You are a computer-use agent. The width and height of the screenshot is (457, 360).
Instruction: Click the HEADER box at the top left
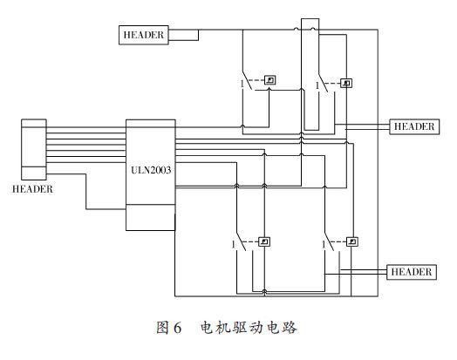(x=145, y=35)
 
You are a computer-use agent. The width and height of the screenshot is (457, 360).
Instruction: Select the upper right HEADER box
(x=413, y=126)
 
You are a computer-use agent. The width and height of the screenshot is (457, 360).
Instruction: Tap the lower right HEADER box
(x=410, y=272)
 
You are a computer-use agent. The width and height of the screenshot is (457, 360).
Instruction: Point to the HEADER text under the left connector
(x=33, y=189)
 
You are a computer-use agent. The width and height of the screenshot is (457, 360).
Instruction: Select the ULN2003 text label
(x=150, y=172)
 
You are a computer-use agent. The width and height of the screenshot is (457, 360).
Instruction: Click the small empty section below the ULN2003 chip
(x=150, y=217)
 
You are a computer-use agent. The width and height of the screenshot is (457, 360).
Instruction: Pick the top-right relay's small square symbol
(x=347, y=84)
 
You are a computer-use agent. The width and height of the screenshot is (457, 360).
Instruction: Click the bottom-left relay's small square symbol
(x=265, y=241)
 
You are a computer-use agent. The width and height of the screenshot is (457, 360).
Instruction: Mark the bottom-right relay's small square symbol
(x=352, y=241)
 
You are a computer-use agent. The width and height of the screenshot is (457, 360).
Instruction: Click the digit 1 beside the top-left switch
(x=241, y=84)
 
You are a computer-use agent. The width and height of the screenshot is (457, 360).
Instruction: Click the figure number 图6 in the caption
(x=168, y=328)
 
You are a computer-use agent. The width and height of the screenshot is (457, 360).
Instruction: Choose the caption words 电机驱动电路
(x=249, y=328)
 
